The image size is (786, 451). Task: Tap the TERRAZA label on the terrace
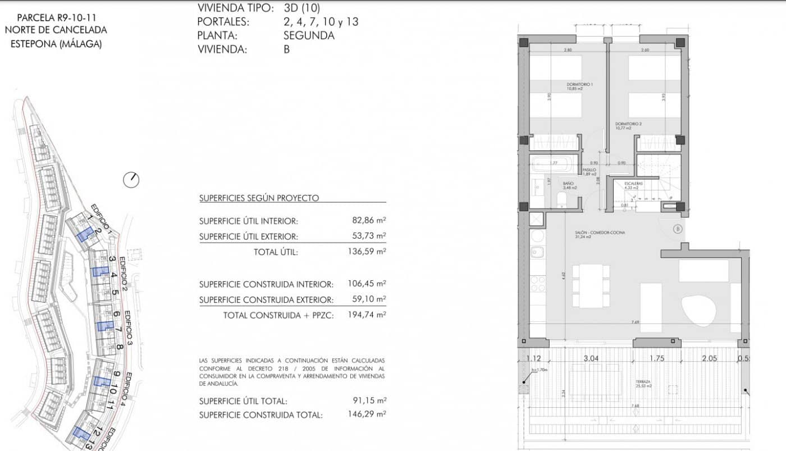[643, 381]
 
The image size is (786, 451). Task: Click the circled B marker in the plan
[678, 229]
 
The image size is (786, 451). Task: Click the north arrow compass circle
[131, 180]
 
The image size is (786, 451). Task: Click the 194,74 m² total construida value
[367, 315]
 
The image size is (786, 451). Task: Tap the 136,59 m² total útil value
[367, 252]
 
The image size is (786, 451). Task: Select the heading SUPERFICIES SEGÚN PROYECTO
[259, 198]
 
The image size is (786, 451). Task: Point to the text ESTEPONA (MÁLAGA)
[56, 44]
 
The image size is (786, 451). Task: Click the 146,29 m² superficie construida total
[367, 415]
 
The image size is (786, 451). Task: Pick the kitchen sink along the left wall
[537, 252]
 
